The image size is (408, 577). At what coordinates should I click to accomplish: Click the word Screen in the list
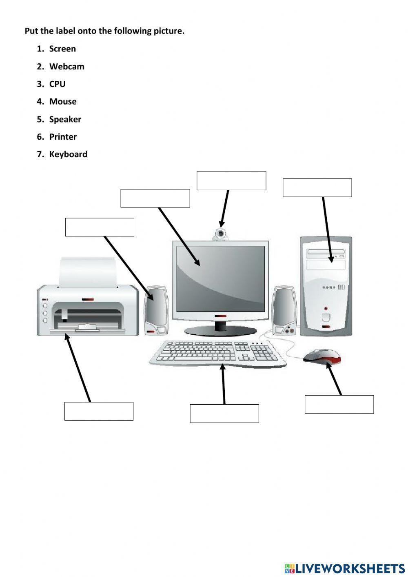[62, 49]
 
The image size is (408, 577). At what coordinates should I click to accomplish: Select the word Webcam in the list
[67, 67]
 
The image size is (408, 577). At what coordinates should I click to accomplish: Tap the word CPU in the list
[57, 84]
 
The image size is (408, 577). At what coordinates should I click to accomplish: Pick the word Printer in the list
[63, 137]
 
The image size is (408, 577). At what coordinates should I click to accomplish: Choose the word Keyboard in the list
[68, 154]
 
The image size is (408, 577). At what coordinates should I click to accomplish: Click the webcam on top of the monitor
[221, 234]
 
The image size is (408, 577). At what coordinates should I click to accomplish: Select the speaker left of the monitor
[156, 310]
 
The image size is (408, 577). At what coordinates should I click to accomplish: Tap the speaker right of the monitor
[285, 310]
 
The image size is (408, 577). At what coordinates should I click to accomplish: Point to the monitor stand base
[220, 330]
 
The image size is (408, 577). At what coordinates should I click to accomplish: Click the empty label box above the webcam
[231, 180]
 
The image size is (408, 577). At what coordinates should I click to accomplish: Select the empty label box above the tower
[317, 187]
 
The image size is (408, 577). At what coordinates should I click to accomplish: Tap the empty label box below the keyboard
[224, 413]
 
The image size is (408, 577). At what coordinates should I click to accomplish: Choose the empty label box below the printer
[99, 411]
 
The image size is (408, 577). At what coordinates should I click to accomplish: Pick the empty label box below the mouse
[339, 404]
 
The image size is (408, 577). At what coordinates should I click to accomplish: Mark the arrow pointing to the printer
[78, 368]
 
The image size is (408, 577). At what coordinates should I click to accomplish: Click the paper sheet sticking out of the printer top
[88, 272]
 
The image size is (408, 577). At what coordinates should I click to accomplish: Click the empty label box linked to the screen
[155, 198]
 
